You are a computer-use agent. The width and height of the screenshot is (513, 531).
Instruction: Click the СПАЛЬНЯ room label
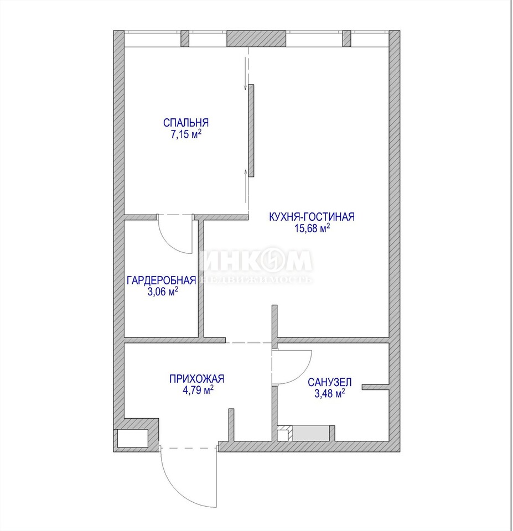point(186,122)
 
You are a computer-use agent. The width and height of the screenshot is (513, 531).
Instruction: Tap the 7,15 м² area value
point(186,134)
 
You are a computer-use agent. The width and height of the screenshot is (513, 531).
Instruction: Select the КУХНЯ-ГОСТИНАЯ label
point(312,216)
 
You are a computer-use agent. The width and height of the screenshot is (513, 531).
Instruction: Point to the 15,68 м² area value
point(312,228)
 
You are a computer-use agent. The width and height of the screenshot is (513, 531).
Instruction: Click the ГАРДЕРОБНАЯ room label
point(161,280)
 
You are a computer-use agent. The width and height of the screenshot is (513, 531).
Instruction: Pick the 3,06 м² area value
point(163,291)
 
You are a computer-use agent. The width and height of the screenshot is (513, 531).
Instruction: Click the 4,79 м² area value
point(198,390)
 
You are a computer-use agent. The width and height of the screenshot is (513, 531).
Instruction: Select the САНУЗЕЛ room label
point(330,382)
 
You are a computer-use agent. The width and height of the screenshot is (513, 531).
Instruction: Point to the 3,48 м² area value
point(330,393)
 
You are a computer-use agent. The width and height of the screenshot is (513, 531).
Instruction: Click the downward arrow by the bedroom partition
point(246,74)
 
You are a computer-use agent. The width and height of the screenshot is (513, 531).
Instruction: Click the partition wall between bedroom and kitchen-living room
point(251,131)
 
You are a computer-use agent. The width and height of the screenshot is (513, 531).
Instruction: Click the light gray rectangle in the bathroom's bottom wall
point(310,434)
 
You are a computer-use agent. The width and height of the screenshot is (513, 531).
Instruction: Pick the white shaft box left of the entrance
point(133,439)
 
